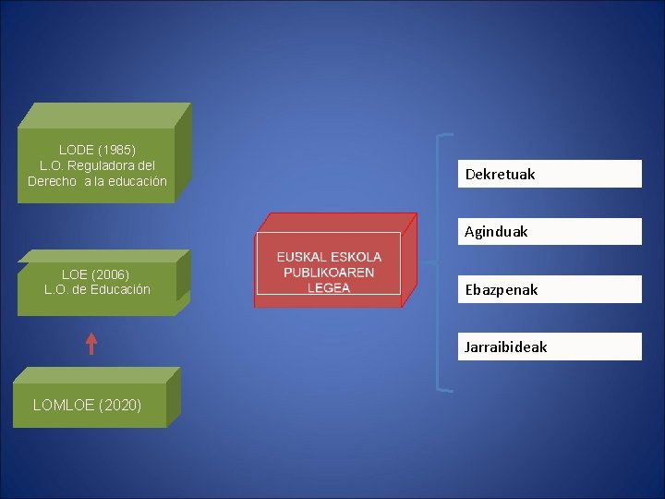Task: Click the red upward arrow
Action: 91,344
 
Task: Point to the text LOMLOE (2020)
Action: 87,405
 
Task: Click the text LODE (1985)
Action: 97,149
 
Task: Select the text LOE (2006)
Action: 95,274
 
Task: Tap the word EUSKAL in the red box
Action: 305,257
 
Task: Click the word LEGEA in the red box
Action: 329,287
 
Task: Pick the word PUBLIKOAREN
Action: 329,273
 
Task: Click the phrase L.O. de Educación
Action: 97,289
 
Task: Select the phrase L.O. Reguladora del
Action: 97,164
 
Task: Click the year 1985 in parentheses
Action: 117,149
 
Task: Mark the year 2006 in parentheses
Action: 111,274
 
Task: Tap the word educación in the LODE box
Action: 136,181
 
